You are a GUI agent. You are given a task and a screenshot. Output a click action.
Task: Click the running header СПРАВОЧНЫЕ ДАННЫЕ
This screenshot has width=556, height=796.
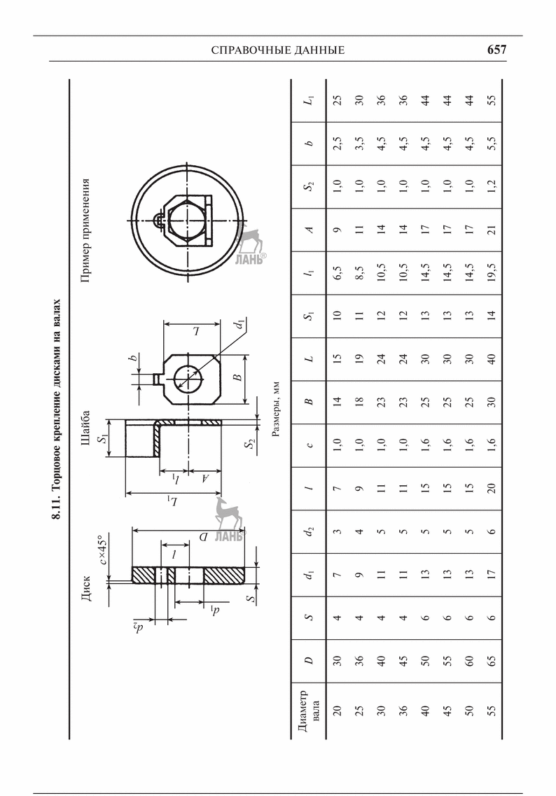click(x=277, y=50)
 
